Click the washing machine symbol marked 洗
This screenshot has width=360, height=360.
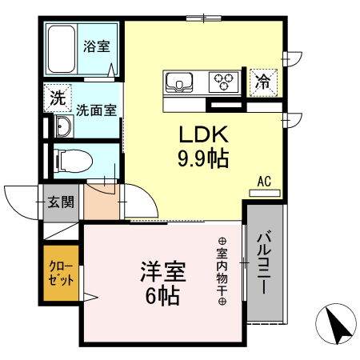pyautogui.click(x=57, y=100)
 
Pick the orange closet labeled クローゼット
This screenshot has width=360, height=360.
pyautogui.click(x=61, y=274)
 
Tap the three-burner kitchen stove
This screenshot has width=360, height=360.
pyautogui.click(x=225, y=82)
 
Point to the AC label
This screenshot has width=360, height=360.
pyautogui.click(x=265, y=181)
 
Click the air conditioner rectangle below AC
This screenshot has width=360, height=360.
pyautogui.click(x=265, y=192)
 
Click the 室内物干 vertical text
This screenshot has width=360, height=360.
pyautogui.click(x=222, y=272)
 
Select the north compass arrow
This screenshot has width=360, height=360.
pyautogui.click(x=340, y=326)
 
